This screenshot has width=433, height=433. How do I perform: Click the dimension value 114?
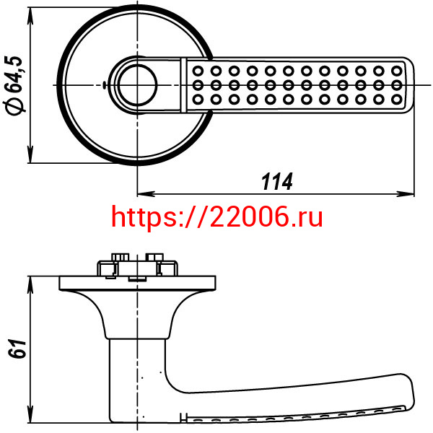coord(276,182)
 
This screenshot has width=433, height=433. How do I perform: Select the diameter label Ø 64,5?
coord(14,85)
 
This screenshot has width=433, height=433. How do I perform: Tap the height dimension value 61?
coord(17,349)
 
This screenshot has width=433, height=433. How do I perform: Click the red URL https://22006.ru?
coord(217,217)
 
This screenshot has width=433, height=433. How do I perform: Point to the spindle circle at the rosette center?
coord(137,84)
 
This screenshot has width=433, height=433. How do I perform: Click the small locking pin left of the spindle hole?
coord(104,85)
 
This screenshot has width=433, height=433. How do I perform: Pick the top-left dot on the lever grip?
coord(198,71)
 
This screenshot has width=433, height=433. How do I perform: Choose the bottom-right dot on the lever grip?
coord(397,99)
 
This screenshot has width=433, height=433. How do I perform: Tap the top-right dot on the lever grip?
coord(397,71)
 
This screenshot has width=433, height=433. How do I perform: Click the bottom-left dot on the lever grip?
coord(198,99)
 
